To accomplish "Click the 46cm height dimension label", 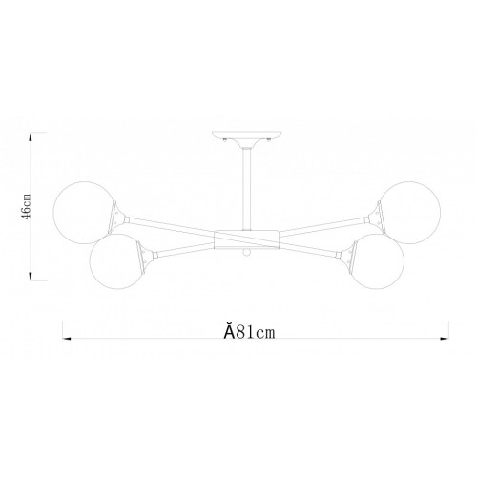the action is point(26,206).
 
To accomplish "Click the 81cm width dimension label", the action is point(249,331).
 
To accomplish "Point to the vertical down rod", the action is point(247,190).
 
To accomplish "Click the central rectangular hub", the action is point(247,239).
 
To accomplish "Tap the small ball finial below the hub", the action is point(246,253).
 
